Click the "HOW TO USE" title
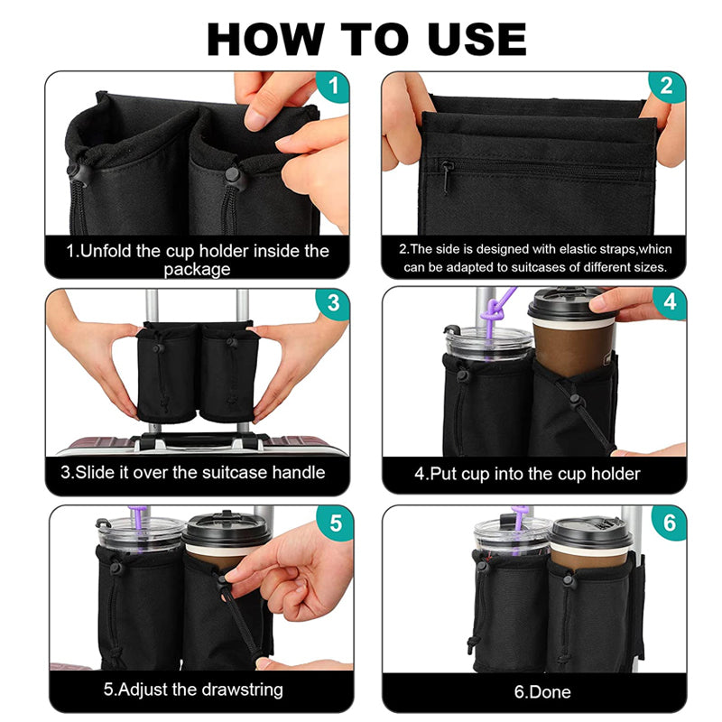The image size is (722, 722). tap(366, 39)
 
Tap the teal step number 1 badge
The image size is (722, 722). tap(334, 88)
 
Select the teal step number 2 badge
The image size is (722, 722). tap(666, 88)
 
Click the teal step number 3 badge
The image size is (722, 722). tap(332, 303)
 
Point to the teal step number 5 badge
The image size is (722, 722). tap(336, 523)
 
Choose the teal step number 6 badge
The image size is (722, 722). tap(668, 523)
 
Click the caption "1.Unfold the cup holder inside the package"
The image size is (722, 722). tap(199, 259)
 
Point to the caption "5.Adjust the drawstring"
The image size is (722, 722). tap(193, 690)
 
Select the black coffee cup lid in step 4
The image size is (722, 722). tap(567, 304)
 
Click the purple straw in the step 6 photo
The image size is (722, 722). tap(521, 521)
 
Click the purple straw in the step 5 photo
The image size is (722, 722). tap(137, 517)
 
